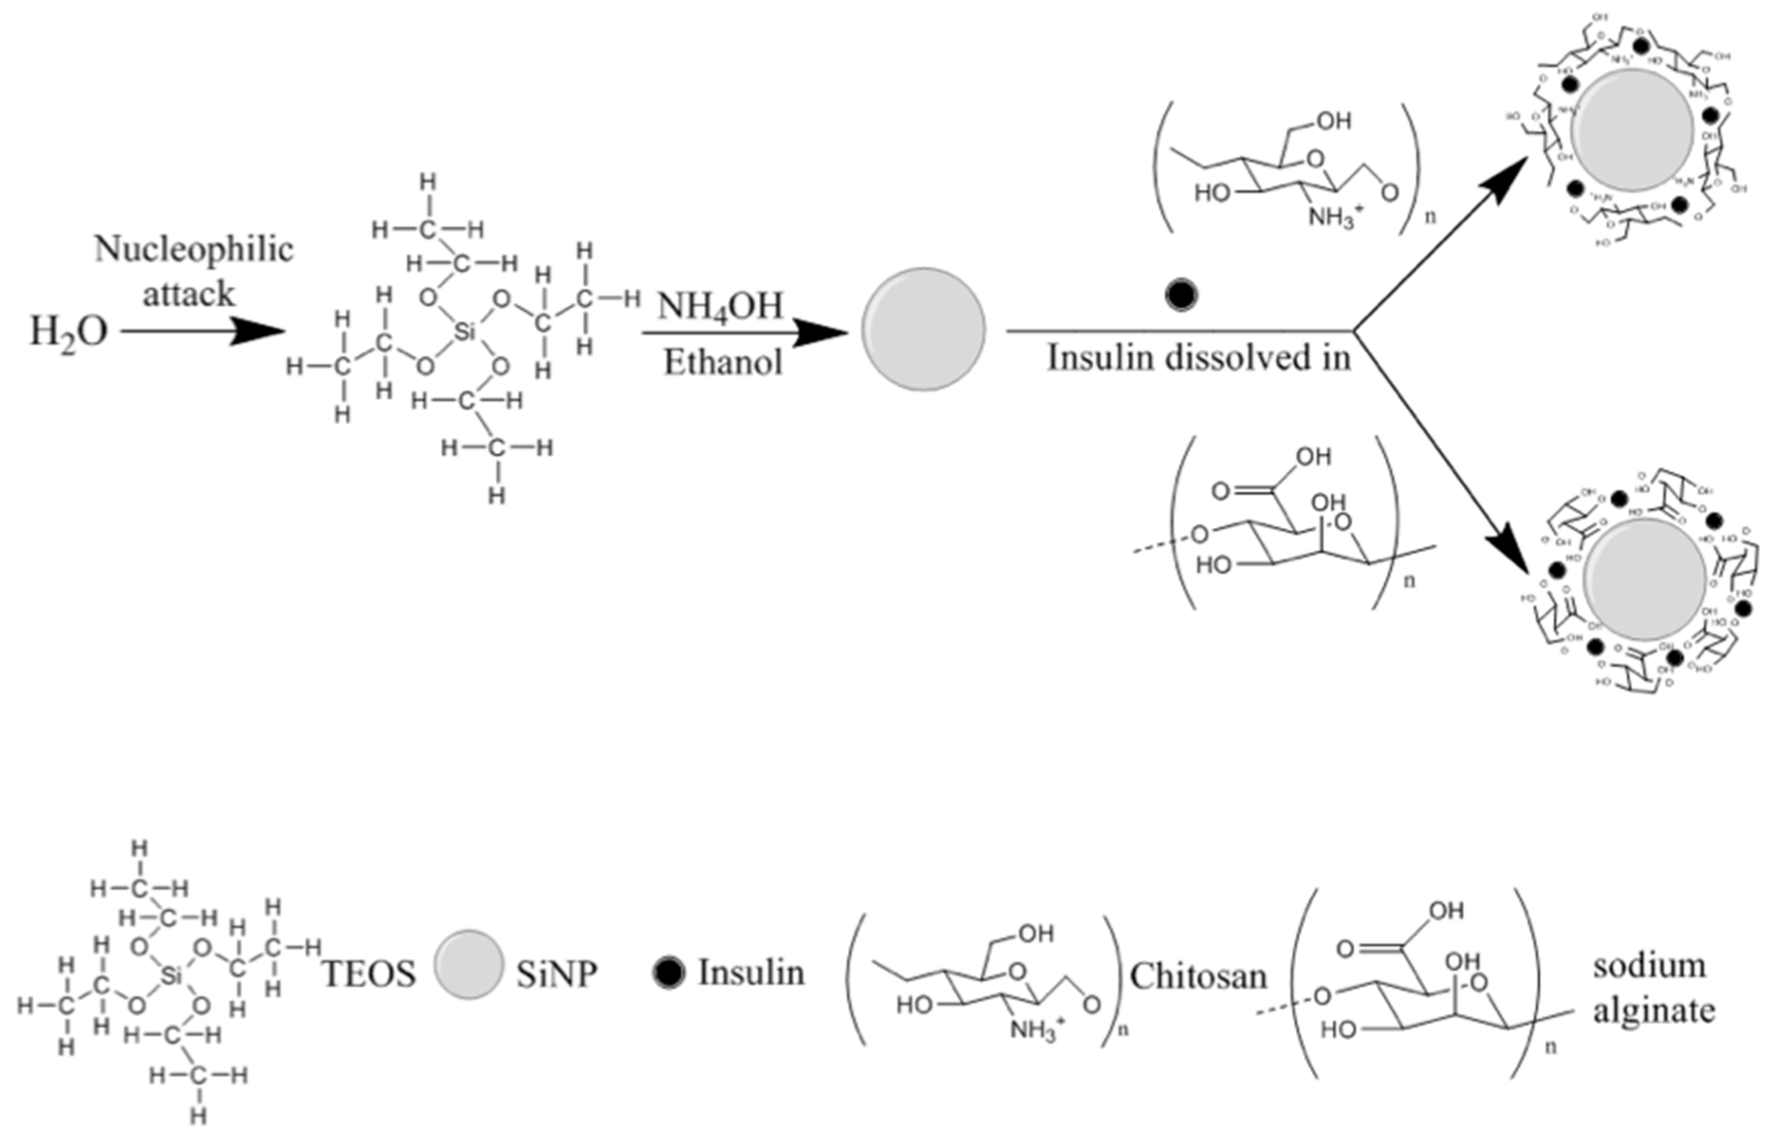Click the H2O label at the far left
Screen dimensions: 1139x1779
pos(68,332)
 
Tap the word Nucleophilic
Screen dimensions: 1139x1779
pos(194,251)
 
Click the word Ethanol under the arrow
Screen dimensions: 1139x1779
pos(723,363)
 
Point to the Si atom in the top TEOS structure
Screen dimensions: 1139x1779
pos(465,332)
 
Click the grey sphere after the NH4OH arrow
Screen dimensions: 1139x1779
pos(923,330)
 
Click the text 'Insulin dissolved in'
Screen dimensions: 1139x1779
pos(1198,359)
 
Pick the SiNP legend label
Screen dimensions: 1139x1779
pos(556,975)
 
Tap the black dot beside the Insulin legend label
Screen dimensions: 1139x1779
pos(668,972)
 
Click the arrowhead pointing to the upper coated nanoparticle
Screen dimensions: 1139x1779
pos(1509,176)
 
